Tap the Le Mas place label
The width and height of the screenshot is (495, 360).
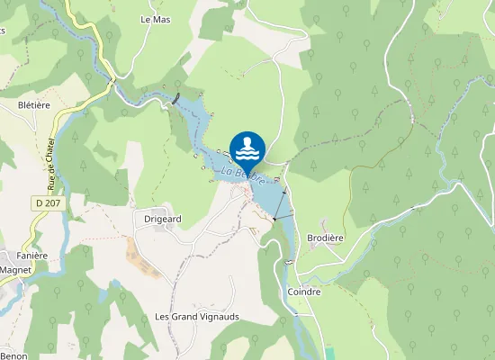pos(155,18)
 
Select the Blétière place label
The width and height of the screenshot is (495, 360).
pos(34,104)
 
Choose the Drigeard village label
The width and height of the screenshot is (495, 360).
pos(163,218)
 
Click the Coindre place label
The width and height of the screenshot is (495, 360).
pos(303,292)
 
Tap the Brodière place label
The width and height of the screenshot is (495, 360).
pos(325,238)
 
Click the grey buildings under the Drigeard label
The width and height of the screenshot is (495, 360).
pos(159,229)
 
